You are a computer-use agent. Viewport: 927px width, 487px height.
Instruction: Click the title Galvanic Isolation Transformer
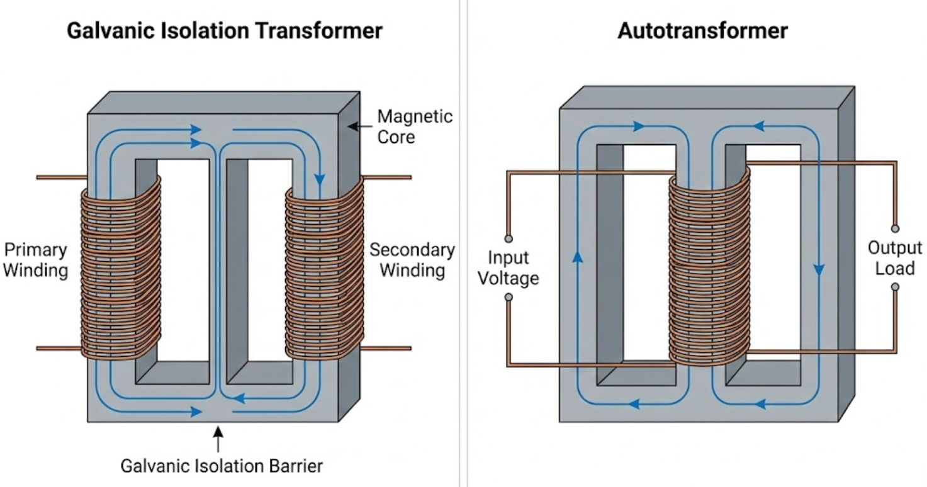pyautogui.click(x=225, y=31)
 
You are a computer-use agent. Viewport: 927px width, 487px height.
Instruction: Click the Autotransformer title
pyautogui.click(x=702, y=31)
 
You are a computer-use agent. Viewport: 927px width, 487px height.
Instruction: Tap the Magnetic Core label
pyautogui.click(x=414, y=126)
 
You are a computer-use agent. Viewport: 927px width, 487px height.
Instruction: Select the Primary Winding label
pyautogui.click(x=35, y=260)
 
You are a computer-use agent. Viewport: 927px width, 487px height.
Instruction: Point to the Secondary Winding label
pyautogui.click(x=412, y=260)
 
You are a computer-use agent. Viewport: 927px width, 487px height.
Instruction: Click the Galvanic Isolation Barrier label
pyautogui.click(x=222, y=466)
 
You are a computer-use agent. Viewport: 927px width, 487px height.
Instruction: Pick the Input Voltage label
pyautogui.click(x=508, y=268)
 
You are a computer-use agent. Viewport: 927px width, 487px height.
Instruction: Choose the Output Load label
pyautogui.click(x=895, y=257)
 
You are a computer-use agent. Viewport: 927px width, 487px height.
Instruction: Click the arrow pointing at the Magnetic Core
pyautogui.click(x=359, y=126)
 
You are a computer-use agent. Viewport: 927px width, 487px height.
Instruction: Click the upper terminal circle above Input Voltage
pyautogui.click(x=508, y=239)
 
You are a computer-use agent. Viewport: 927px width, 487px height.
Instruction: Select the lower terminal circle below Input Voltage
pyautogui.click(x=508, y=296)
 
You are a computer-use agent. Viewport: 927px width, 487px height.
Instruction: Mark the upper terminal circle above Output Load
pyautogui.click(x=895, y=228)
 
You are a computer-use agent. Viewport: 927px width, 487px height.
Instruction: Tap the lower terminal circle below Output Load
pyautogui.click(x=895, y=287)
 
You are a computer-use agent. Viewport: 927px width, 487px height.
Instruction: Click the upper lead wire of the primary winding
pyautogui.click(x=60, y=177)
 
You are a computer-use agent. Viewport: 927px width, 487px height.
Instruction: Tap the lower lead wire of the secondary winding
pyautogui.click(x=388, y=348)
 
